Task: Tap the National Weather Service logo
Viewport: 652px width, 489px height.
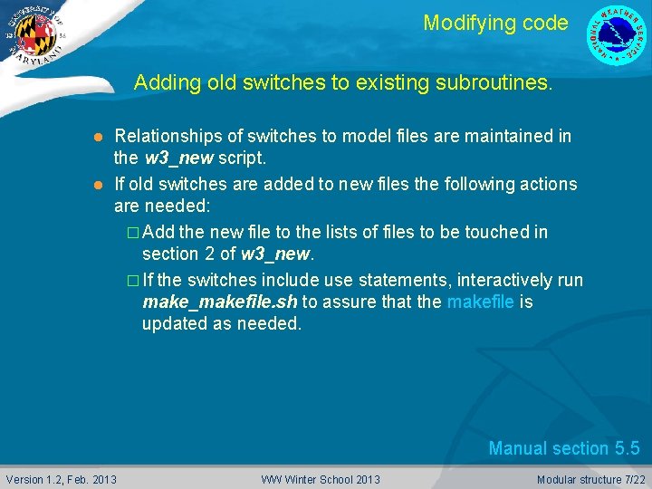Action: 618,34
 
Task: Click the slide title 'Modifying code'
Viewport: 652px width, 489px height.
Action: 495,23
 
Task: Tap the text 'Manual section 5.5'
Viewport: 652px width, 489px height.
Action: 563,448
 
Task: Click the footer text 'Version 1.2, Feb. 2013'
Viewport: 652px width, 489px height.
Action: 62,479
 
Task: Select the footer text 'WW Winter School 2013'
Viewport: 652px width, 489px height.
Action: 321,479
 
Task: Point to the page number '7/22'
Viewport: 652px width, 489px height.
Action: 633,479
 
